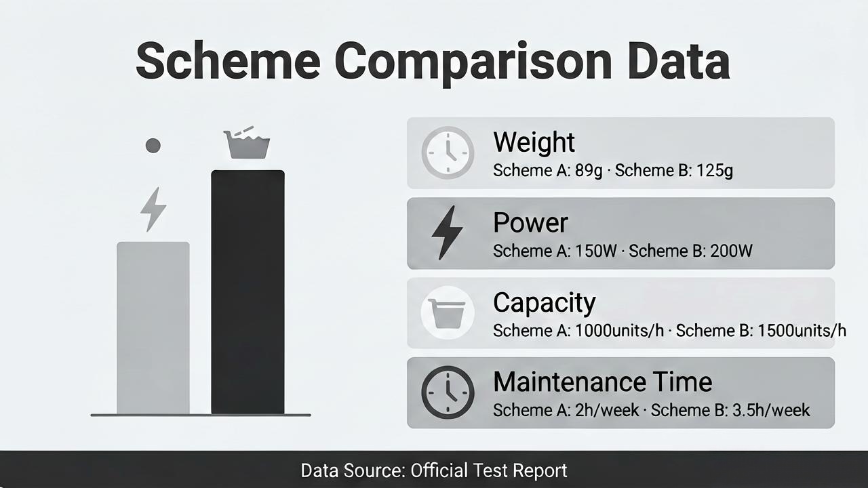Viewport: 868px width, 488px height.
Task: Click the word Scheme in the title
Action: coord(229,61)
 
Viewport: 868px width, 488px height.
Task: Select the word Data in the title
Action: coord(679,60)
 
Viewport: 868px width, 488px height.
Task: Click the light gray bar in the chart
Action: coord(153,328)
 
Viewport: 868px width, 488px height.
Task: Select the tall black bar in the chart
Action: coord(248,292)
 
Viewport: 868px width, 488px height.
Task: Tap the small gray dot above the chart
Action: coord(153,146)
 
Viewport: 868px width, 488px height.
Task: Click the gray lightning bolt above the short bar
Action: coord(153,209)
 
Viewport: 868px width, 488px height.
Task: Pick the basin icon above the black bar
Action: coord(247,142)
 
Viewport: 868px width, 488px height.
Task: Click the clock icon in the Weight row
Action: coord(448,152)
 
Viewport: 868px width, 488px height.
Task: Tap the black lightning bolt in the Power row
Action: coord(447,232)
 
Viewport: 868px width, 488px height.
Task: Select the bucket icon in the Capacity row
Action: coord(448,313)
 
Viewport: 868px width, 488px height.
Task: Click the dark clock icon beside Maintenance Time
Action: coord(448,392)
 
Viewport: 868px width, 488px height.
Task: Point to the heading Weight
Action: coord(534,142)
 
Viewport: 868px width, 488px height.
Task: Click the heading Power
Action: coord(530,223)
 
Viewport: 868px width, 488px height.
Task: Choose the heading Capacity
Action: coord(545,303)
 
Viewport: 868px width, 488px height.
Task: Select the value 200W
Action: coord(731,251)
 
